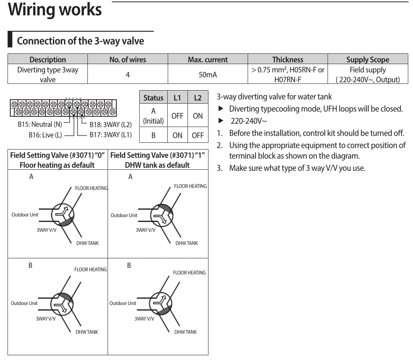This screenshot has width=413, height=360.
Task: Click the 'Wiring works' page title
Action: (x=55, y=10)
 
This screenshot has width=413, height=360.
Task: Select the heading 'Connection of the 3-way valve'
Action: (x=81, y=41)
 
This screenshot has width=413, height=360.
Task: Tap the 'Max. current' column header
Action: (x=208, y=60)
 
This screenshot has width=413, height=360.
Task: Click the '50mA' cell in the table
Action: (x=208, y=74)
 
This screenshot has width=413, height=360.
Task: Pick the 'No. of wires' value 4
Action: (x=127, y=74)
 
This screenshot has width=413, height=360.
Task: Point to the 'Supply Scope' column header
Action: (x=368, y=60)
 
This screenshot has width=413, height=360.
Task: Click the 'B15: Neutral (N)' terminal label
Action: (x=40, y=125)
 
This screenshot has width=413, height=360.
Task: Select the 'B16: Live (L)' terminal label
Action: (x=45, y=135)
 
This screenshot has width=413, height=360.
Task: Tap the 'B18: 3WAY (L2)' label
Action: (x=110, y=125)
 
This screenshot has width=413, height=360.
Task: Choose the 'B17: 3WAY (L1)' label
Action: (x=110, y=135)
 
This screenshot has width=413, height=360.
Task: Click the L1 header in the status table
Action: (x=177, y=97)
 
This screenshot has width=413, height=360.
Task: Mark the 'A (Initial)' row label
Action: (x=153, y=116)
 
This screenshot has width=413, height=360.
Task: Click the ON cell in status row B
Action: (x=177, y=135)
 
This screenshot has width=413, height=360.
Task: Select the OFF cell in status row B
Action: (x=197, y=135)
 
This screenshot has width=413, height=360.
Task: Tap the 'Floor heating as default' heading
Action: (x=57, y=165)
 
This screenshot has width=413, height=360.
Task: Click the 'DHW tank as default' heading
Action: (x=157, y=165)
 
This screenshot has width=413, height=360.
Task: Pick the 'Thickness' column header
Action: (x=288, y=60)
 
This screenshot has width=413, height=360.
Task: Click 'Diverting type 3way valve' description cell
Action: (x=47, y=74)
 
